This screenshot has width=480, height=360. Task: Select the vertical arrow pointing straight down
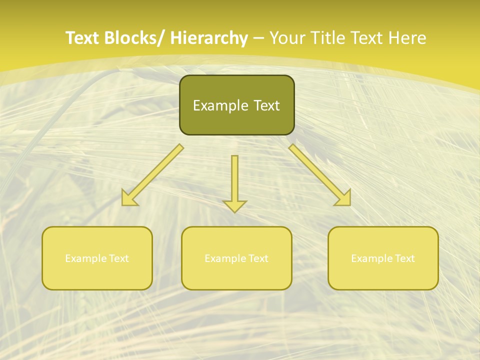(234, 182)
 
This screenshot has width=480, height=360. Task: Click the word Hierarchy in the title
(209, 38)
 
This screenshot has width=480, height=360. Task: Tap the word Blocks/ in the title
(134, 38)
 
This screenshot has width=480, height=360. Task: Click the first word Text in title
(82, 38)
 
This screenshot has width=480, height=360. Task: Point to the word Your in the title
(287, 38)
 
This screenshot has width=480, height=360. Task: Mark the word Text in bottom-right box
(405, 258)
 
